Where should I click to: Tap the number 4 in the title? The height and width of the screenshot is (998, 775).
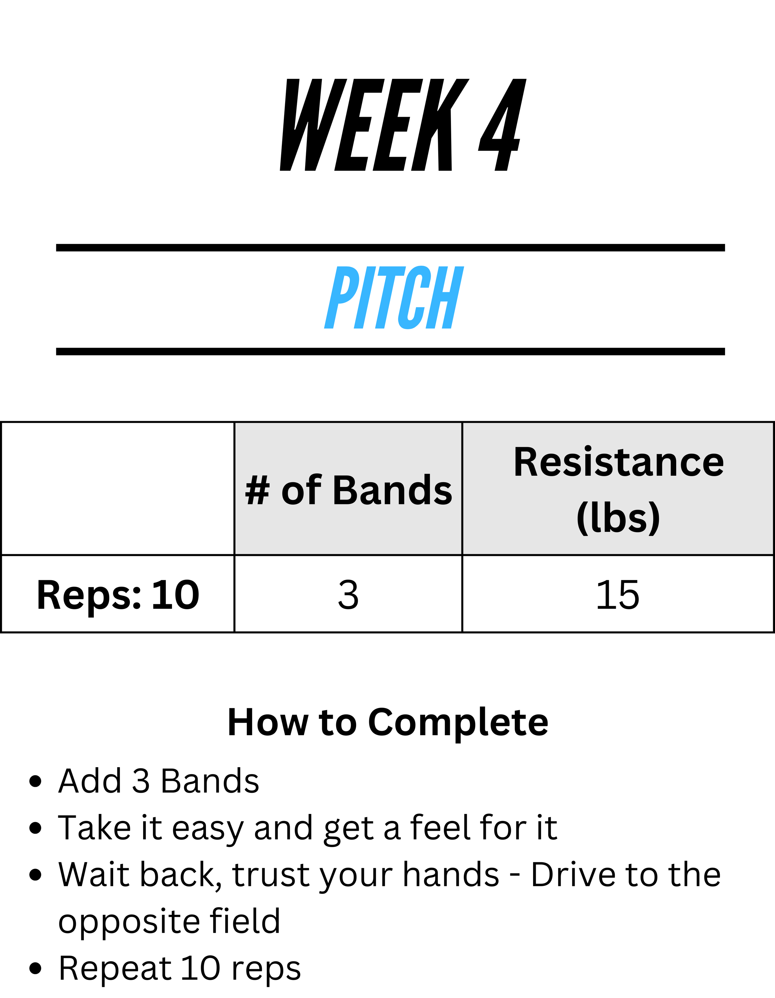[502, 125]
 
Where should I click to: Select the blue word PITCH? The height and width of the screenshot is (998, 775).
[394, 297]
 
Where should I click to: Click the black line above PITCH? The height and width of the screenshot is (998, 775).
[390, 248]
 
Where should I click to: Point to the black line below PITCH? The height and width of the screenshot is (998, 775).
[390, 351]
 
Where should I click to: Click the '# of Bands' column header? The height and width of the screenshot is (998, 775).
[348, 490]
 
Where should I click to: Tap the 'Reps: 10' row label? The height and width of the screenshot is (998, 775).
[118, 595]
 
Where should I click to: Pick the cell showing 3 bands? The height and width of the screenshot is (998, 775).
[348, 594]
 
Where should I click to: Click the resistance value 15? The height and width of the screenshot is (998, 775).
[618, 594]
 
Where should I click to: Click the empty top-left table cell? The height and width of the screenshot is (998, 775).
[118, 488]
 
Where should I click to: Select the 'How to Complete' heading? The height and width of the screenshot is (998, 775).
[388, 723]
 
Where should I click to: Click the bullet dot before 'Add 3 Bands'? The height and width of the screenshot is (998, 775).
[35, 781]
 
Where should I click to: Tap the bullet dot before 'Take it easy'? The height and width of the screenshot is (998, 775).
[35, 828]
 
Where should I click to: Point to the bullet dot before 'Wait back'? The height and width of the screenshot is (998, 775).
[35, 875]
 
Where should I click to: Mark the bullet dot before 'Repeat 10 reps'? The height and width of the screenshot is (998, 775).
[35, 968]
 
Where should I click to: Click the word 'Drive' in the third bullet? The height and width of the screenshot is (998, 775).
[573, 875]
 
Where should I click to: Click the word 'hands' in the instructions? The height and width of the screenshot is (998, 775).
[451, 874]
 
